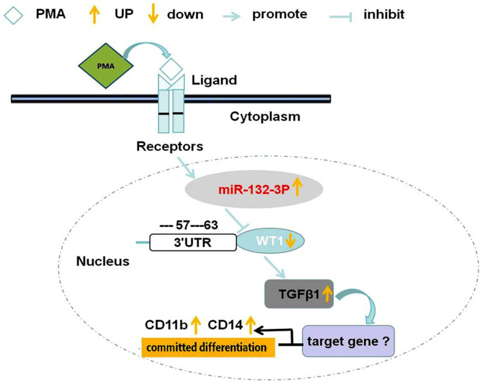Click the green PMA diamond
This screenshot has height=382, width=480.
click(x=106, y=66)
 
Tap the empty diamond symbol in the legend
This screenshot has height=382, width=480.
click(x=14, y=16)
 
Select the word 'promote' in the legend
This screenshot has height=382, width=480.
click(x=280, y=15)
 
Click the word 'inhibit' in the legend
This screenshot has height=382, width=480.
click(x=384, y=14)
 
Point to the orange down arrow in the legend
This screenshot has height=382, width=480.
click(x=153, y=15)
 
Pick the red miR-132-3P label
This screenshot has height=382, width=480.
click(x=254, y=190)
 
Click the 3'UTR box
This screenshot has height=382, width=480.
click(x=193, y=243)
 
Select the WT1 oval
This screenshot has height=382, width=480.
click(x=271, y=241)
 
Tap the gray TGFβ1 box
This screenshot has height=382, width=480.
click(x=299, y=294)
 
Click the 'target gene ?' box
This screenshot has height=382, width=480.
click(x=348, y=341)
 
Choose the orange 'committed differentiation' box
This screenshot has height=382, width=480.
click(x=208, y=348)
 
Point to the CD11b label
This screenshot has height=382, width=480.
click(x=166, y=325)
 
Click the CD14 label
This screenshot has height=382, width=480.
click(x=225, y=325)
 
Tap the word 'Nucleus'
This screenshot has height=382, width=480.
click(x=103, y=261)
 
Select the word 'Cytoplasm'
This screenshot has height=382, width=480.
click(x=265, y=117)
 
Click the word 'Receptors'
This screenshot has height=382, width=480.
click(x=170, y=146)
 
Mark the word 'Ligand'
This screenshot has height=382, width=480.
click(x=214, y=80)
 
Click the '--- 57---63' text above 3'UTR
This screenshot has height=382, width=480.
click(x=189, y=226)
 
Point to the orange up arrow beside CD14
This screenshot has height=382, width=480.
click(x=251, y=324)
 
